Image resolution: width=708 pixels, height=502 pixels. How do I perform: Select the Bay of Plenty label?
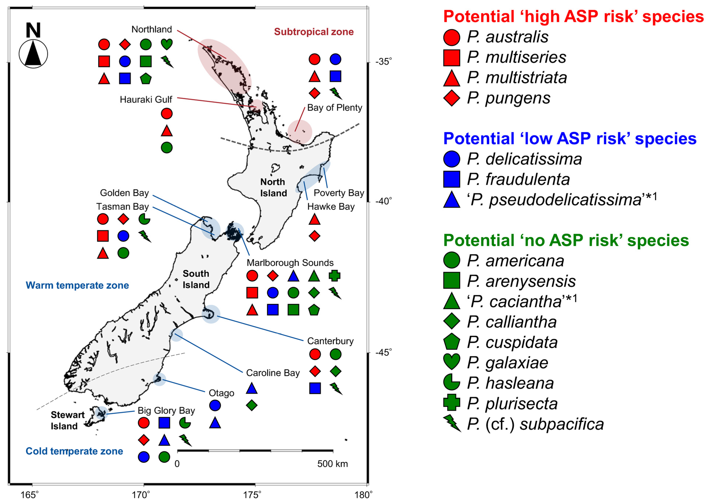click(334, 108)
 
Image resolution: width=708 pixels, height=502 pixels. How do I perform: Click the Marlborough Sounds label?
click(290, 263)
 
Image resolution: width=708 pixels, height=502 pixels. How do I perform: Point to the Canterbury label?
click(330, 341)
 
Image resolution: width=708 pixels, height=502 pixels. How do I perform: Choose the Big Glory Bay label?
click(166, 411)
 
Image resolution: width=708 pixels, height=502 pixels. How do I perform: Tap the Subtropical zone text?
click(314, 32)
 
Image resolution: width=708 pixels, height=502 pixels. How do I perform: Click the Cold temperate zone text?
click(74, 451)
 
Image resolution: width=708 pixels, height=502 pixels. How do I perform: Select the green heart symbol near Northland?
click(167, 44)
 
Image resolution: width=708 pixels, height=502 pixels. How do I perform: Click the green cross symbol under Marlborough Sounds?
click(334, 275)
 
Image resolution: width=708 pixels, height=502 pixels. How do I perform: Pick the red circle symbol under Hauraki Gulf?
click(167, 114)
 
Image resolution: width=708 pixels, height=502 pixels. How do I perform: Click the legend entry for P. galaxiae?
click(507, 363)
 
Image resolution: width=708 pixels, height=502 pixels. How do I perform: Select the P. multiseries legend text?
click(516, 57)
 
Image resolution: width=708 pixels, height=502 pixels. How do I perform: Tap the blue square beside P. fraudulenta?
click(451, 179)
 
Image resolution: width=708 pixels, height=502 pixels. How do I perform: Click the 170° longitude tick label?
click(143, 495)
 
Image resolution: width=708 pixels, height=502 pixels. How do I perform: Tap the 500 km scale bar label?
click(332, 464)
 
